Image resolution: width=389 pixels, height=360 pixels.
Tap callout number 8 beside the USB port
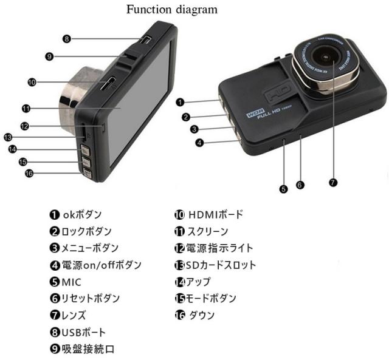pyautogui.click(x=67, y=39)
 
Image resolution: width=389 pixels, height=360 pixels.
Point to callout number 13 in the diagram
pyautogui.click(x=8, y=137)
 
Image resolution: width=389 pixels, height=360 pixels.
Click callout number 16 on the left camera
pyautogui.click(x=29, y=173)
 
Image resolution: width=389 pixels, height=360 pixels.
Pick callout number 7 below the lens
pyautogui.click(x=332, y=182)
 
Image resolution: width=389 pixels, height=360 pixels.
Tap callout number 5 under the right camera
pyautogui.click(x=283, y=188)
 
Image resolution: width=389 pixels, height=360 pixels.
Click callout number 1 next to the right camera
pyautogui.click(x=181, y=101)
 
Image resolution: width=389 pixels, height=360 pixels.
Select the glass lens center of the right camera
pyautogui.click(x=327, y=59)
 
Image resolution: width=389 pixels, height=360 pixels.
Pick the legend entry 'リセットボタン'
pyautogui.click(x=91, y=299)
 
